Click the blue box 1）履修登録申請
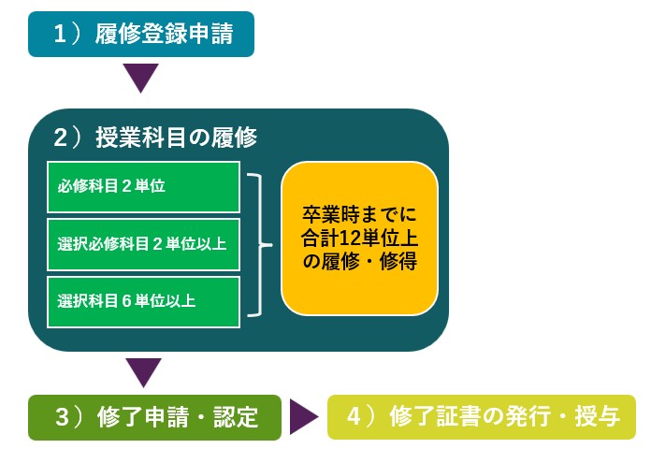click(x=141, y=35)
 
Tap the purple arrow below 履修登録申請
click(x=141, y=77)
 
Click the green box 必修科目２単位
click(x=143, y=186)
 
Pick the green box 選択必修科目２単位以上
click(x=143, y=244)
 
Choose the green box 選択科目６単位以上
click(x=143, y=301)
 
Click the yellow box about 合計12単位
click(x=359, y=238)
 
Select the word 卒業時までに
click(x=360, y=212)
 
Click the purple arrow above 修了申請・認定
click(x=143, y=371)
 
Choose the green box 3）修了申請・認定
click(x=154, y=417)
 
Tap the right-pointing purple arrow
click(x=303, y=417)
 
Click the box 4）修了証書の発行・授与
click(x=481, y=417)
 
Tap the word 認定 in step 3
click(x=236, y=417)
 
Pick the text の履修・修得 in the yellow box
click(x=360, y=262)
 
